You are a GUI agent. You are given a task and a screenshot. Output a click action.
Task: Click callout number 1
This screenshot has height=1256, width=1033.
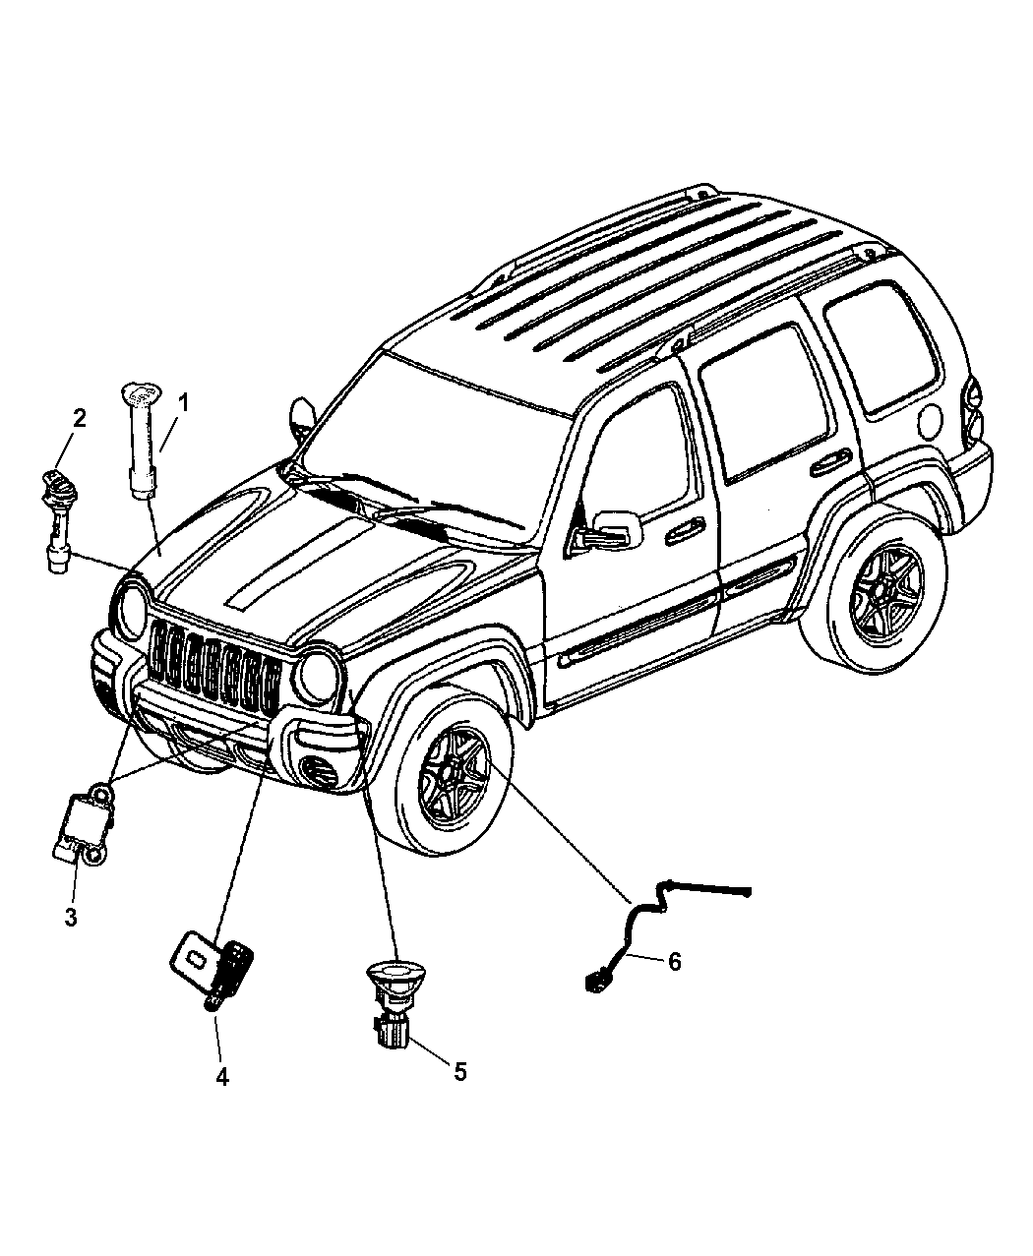[182, 402]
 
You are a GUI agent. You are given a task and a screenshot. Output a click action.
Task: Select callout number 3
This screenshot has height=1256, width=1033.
[71, 918]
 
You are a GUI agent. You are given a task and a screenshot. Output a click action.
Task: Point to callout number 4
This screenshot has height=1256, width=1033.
[221, 1077]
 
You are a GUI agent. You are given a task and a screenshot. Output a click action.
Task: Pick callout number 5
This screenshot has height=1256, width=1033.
[457, 1071]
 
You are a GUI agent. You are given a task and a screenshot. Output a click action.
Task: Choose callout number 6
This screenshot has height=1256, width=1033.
[674, 961]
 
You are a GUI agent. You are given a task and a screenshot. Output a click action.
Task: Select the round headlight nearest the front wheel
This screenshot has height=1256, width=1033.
[319, 676]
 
